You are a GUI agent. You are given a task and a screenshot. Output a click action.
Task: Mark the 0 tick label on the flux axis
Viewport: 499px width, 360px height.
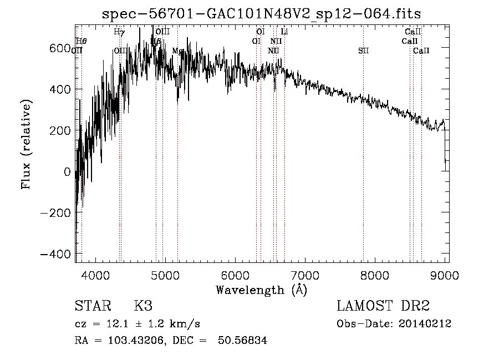click(x=67, y=171)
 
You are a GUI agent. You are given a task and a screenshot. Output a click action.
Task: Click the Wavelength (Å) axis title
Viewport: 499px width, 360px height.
click(x=261, y=290)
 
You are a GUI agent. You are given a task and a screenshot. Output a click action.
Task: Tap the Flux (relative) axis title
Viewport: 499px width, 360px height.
click(x=26, y=144)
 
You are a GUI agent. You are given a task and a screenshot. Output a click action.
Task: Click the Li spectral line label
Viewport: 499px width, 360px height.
click(x=284, y=32)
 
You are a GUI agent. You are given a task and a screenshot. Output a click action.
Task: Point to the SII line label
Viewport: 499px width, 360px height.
click(x=363, y=50)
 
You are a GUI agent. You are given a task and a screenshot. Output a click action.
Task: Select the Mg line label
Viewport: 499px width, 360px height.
click(x=177, y=50)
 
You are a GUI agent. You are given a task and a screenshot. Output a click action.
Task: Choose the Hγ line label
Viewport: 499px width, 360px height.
click(x=119, y=32)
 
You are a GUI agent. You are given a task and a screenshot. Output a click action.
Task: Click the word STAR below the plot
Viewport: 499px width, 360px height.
click(x=92, y=306)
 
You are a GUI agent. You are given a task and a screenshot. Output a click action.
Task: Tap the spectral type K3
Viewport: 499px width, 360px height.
click(x=143, y=306)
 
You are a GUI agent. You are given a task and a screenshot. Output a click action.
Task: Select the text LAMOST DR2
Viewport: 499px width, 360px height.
click(x=383, y=306)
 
